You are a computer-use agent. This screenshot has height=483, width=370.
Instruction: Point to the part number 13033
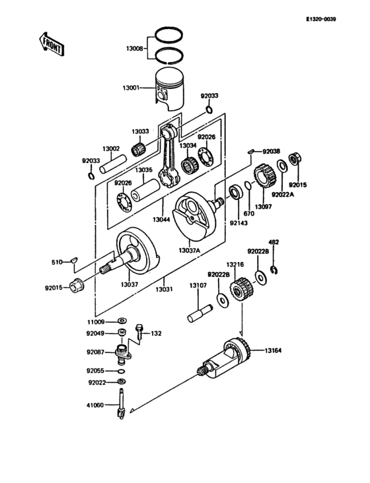pos(139,132)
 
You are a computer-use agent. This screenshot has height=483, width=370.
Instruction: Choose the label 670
pos(248,214)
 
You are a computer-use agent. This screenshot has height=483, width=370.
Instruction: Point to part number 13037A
pos(190,251)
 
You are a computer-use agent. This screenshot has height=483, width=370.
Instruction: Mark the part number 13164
pos(274,350)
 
